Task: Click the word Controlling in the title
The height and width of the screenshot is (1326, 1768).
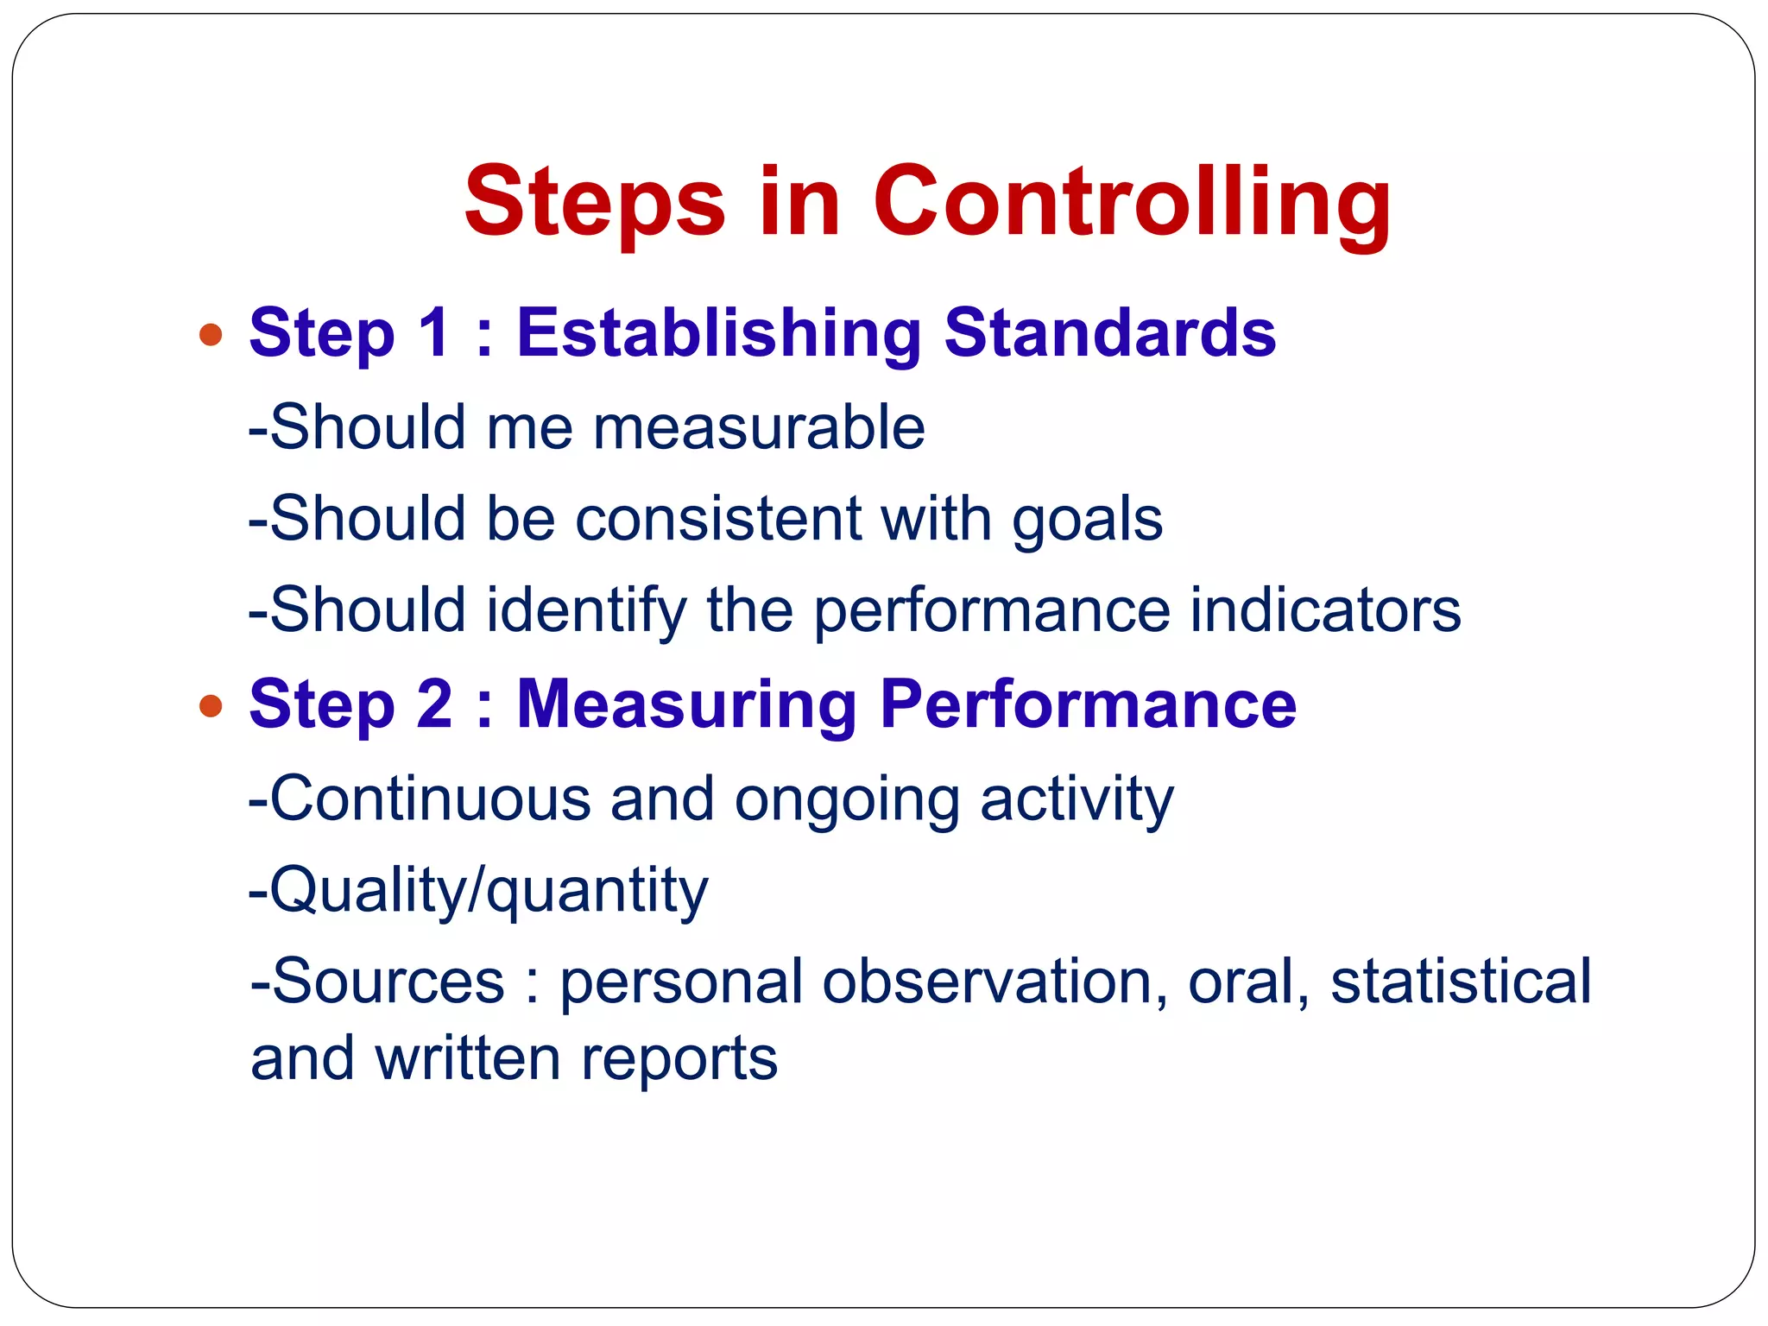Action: tap(1131, 202)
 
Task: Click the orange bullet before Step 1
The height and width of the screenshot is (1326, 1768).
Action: tap(211, 335)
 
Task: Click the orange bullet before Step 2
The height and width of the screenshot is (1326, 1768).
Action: tap(211, 706)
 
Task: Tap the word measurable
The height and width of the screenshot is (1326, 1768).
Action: tap(759, 427)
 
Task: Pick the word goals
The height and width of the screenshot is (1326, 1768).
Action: tap(1088, 521)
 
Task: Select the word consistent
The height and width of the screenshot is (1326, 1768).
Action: tap(718, 519)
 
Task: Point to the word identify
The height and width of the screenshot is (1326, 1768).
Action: tap(587, 611)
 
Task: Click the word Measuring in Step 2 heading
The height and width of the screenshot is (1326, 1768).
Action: tap(686, 705)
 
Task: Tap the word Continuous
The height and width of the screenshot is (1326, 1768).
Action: tap(431, 799)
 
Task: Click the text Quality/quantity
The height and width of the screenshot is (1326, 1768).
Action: tap(480, 891)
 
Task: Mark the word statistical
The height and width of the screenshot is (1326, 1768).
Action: tap(1461, 982)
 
